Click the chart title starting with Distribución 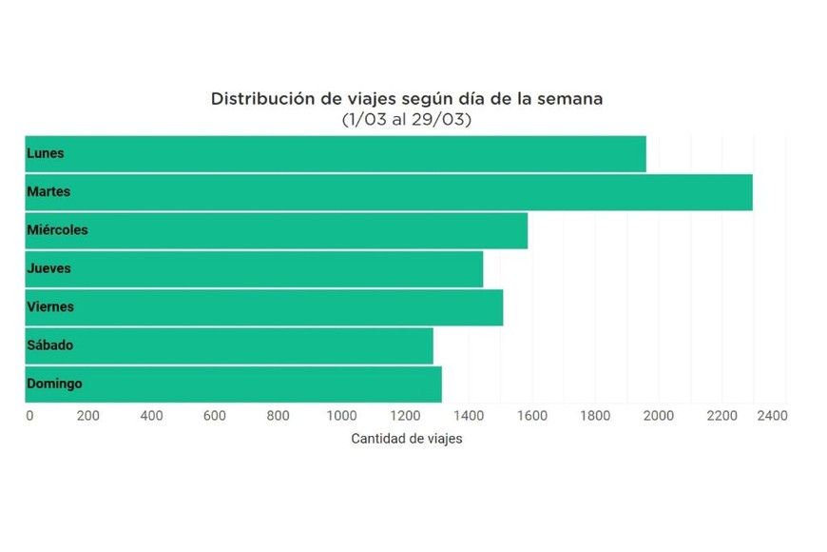pos(406,99)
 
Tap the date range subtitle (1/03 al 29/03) pos(406,120)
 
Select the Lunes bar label pos(46,153)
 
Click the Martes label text pos(48,192)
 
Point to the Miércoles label pos(57,230)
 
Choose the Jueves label pos(48,268)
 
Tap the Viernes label pos(50,307)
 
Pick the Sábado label pos(49,345)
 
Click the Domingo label pos(54,384)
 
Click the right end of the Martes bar pos(750,192)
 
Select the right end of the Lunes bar pos(644,153)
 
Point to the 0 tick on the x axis pos(29,416)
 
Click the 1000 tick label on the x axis pos(341,416)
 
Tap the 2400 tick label pos(772,416)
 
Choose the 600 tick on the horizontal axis pos(215,416)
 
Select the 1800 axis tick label pos(595,416)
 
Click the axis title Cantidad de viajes pos(406,439)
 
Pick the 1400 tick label pos(469,416)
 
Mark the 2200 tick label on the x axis pos(721,416)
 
